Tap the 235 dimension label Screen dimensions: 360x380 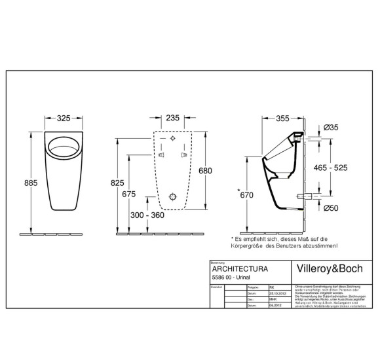coord(171,118)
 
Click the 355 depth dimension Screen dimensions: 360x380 coord(283,118)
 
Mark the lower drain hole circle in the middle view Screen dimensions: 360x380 coord(172,197)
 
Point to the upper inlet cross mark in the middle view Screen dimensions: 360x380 coord(172,140)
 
